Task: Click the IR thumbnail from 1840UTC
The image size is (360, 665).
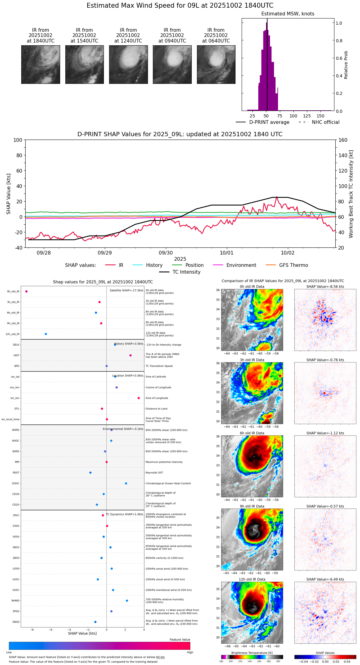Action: pyautogui.click(x=41, y=64)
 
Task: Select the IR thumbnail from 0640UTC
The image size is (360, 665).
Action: pyautogui.click(x=216, y=64)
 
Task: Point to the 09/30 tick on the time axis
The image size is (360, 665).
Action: pyautogui.click(x=166, y=253)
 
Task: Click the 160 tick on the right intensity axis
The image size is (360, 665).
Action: pyautogui.click(x=343, y=140)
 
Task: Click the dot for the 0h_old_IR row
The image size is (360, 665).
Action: pyautogui.click(x=27, y=292)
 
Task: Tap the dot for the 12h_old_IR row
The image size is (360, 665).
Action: pyautogui.click(x=46, y=334)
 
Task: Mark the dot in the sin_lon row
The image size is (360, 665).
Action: pyautogui.click(x=139, y=398)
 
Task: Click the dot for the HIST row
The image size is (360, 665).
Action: pyautogui.click(x=130, y=355)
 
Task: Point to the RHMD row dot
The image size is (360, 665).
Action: pyautogui.click(x=127, y=601)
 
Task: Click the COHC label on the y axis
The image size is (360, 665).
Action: pyautogui.click(x=16, y=483)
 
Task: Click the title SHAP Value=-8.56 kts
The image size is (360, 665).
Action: pyautogui.click(x=325, y=287)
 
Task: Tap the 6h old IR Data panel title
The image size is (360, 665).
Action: pyautogui.click(x=252, y=433)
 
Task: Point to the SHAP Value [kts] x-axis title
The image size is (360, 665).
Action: pyautogui.click(x=82, y=633)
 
